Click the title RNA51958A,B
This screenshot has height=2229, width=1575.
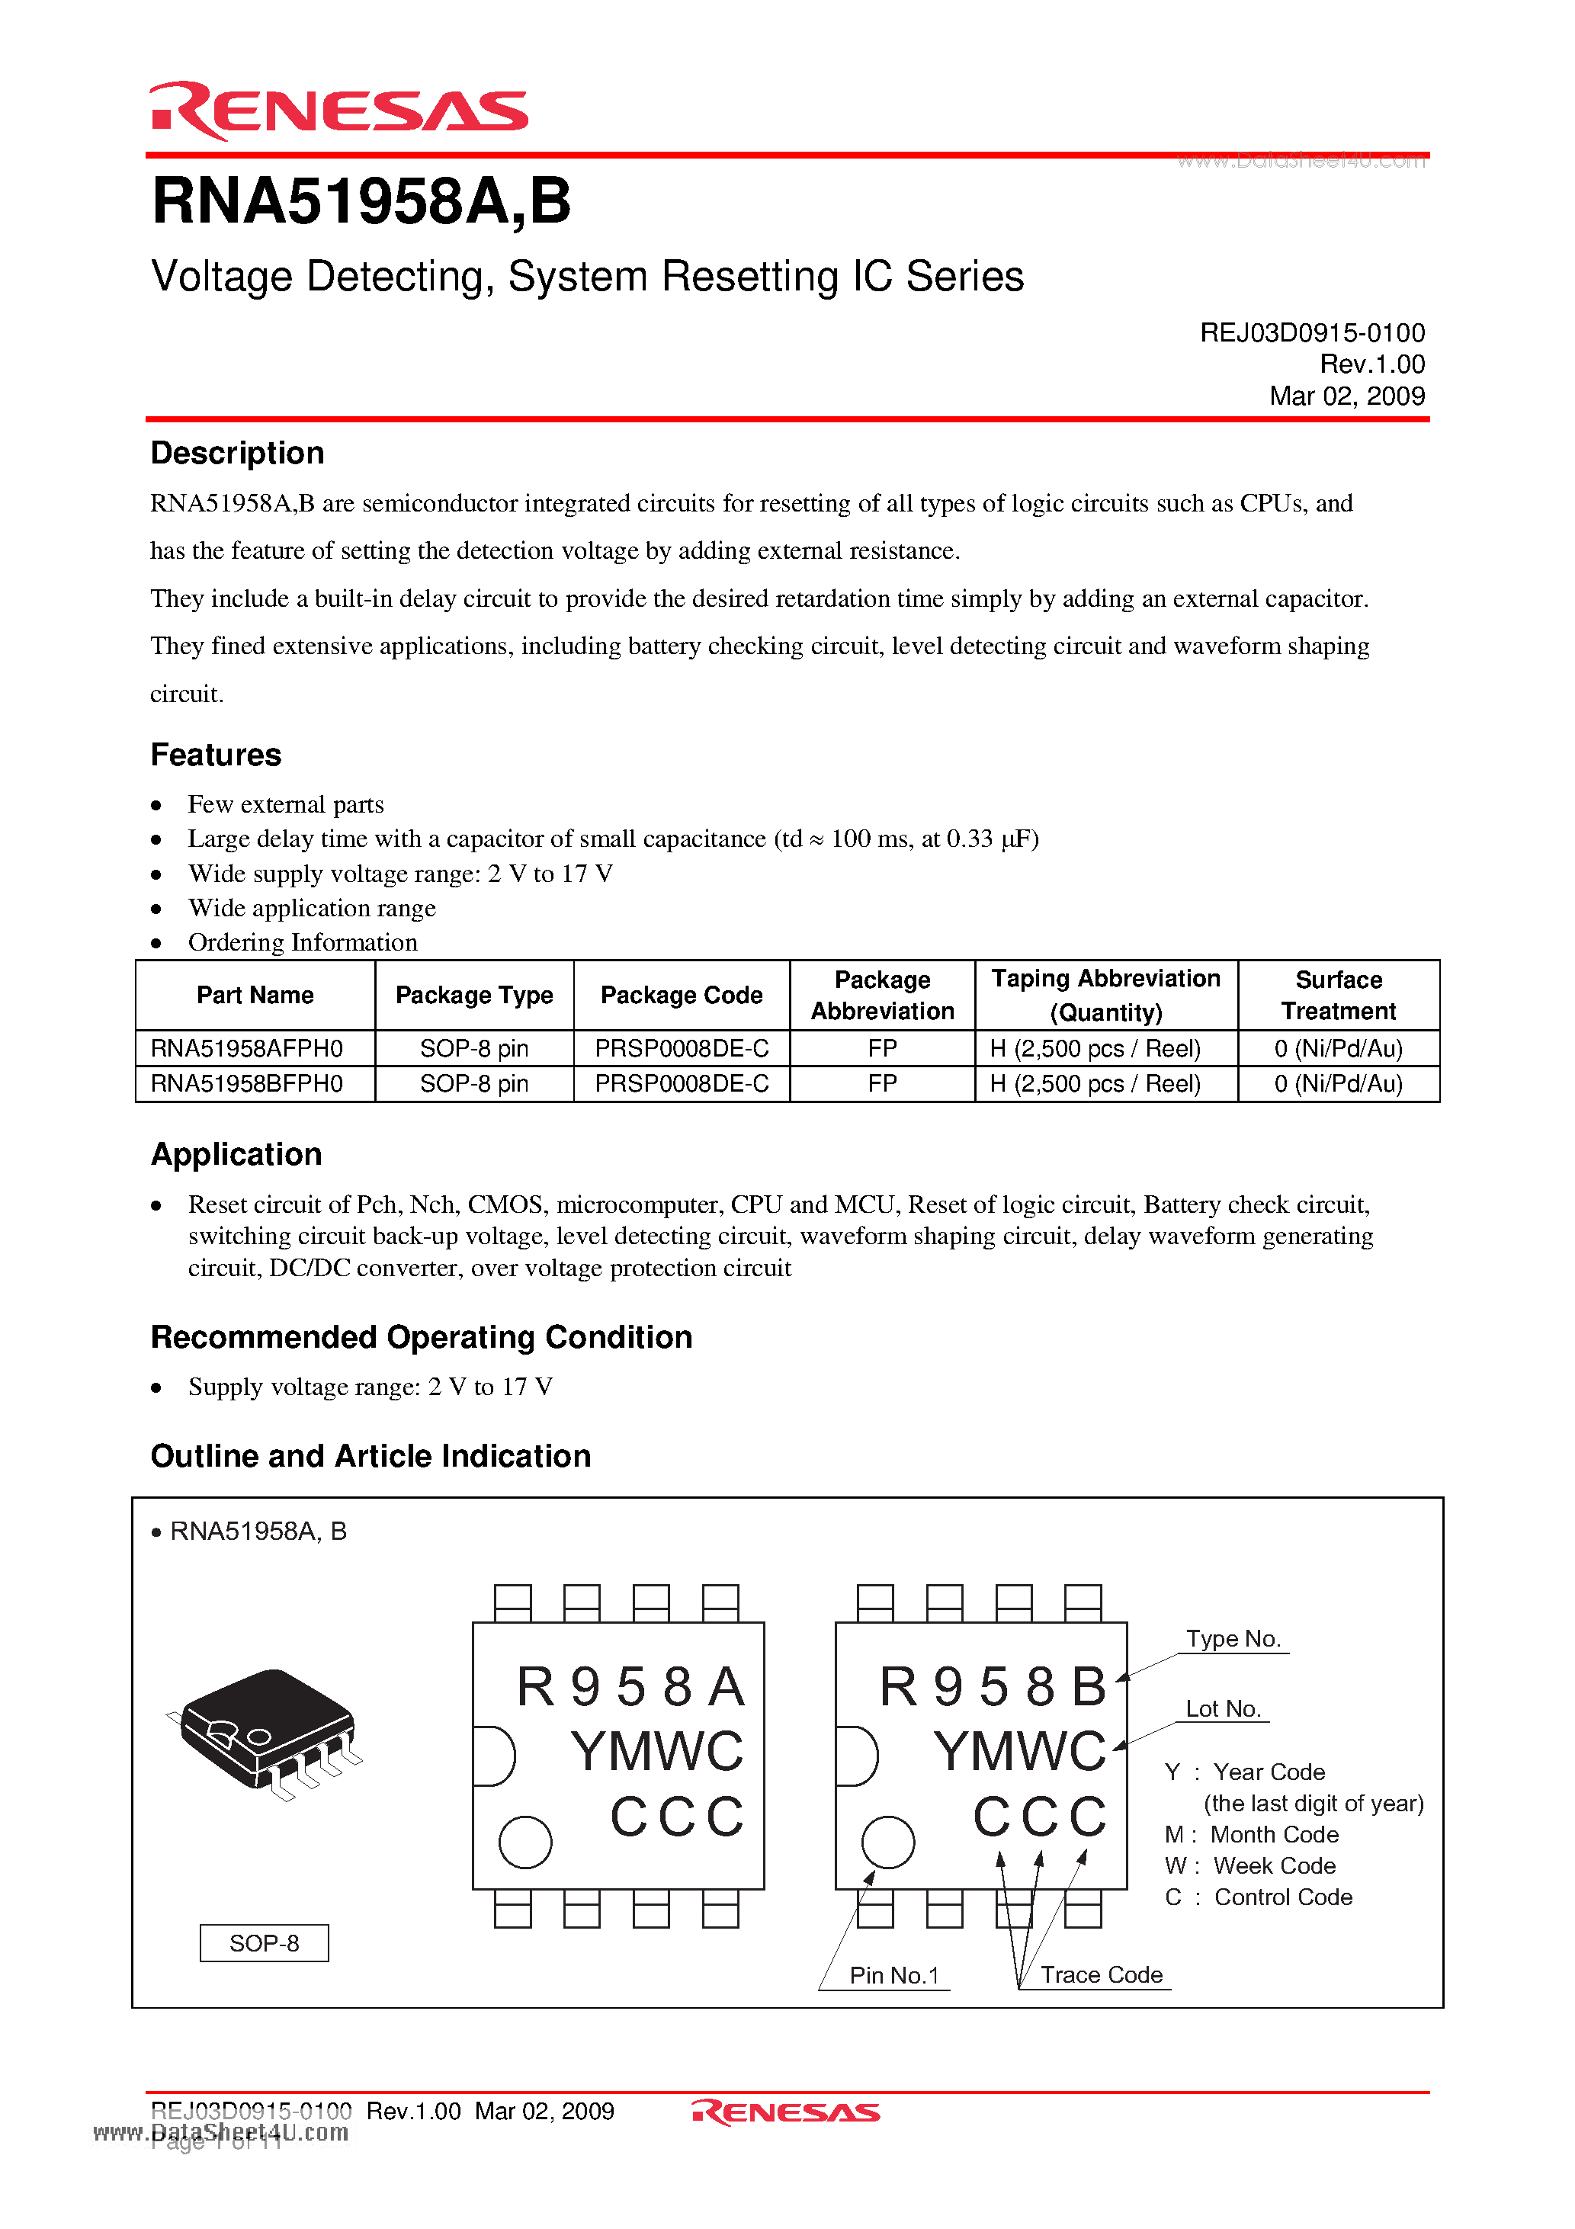(x=361, y=202)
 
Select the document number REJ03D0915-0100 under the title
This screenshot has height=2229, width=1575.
(x=1311, y=333)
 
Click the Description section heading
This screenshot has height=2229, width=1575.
(x=237, y=454)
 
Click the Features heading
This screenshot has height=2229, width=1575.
(x=216, y=755)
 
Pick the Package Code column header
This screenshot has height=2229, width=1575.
(x=681, y=995)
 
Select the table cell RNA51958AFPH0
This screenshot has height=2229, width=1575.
(x=247, y=1048)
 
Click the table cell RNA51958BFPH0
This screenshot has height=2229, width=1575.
(x=247, y=1083)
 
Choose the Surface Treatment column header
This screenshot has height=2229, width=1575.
(x=1337, y=995)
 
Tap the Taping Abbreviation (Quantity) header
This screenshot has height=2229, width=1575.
(x=1105, y=995)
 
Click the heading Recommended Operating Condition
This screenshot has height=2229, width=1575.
(x=422, y=1337)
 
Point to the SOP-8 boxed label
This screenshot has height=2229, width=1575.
(x=264, y=1942)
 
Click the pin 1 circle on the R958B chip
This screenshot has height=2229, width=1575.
(x=887, y=1842)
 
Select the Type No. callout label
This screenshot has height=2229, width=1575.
(x=1232, y=1639)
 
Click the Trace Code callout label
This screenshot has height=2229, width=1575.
(x=1101, y=1974)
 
